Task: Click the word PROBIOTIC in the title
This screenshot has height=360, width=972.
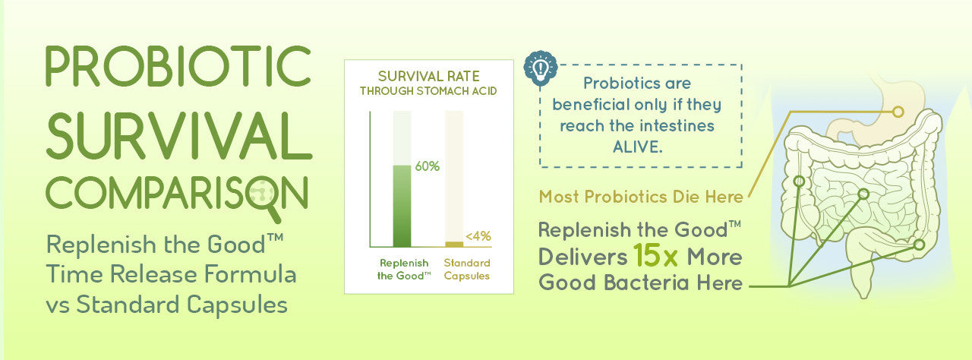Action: pos(178,66)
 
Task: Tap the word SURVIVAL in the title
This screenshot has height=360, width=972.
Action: pos(179,135)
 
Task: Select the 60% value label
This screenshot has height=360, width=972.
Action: pos(427,166)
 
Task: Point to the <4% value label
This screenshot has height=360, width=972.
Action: pos(478,236)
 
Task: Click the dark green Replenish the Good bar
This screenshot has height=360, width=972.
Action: pos(402,206)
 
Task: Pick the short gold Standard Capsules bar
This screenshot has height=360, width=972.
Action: pos(454,245)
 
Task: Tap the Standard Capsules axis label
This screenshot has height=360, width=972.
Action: pos(467,270)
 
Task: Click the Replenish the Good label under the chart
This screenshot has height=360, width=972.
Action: pos(404,270)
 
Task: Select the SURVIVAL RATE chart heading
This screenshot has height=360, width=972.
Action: pos(429,77)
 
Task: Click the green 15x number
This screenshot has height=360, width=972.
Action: pos(655,255)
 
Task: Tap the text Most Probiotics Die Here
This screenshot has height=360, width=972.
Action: pos(641,197)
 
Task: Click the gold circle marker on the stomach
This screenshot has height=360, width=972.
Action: pos(898,112)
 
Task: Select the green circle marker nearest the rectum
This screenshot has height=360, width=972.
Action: pos(919,245)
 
